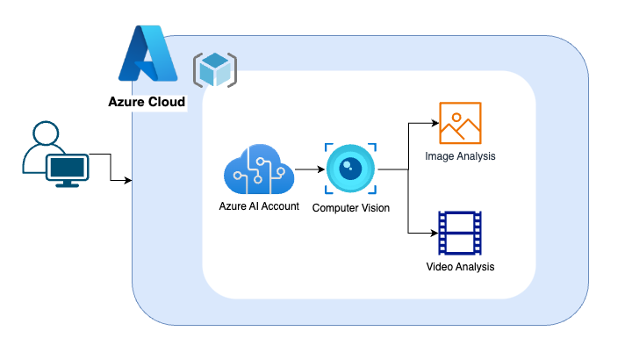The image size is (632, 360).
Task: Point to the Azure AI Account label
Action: [x=259, y=206]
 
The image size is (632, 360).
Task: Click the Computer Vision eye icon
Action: [x=351, y=169]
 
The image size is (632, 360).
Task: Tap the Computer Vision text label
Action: [x=351, y=207]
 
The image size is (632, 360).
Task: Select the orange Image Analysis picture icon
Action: [x=461, y=123]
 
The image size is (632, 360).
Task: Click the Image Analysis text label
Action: [x=460, y=156]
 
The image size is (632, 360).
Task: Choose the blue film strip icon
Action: [x=460, y=233]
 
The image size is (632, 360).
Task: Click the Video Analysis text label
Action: [x=460, y=266]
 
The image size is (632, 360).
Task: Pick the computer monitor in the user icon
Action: [x=66, y=169]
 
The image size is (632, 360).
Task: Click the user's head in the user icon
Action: [x=45, y=134]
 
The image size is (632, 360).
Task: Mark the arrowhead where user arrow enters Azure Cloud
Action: [x=128, y=182]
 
